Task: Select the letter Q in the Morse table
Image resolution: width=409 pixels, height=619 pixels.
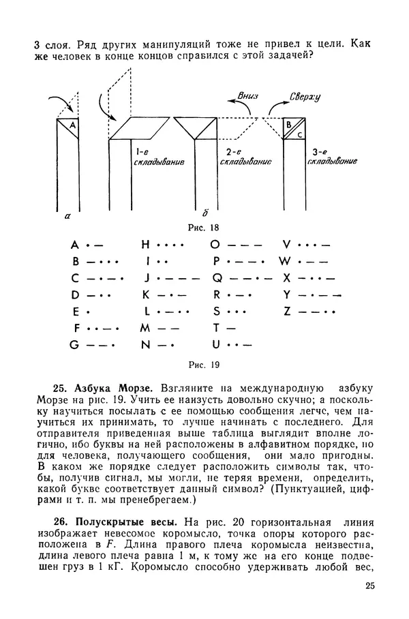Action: point(216,278)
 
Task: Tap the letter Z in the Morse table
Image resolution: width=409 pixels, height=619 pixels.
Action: point(287,312)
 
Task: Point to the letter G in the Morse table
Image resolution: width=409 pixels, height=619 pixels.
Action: point(74,345)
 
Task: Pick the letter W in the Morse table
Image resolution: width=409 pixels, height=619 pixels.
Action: point(285,261)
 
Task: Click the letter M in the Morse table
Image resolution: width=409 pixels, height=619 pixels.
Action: point(145,328)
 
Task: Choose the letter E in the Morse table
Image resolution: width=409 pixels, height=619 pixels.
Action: point(73,312)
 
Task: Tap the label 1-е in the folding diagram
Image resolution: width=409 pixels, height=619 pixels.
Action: point(143,151)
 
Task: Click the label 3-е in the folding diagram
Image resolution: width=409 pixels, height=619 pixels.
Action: point(318,151)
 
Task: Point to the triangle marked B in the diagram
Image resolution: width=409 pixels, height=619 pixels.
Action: point(289,125)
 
